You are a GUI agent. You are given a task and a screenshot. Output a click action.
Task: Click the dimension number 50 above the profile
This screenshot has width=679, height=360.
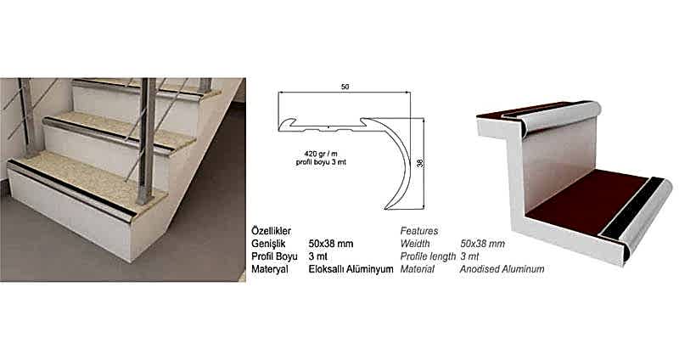(x=345, y=87)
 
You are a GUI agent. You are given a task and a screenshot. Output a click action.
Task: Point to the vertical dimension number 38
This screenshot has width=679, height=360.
(x=419, y=163)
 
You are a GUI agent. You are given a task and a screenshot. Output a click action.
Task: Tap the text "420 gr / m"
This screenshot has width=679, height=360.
(x=321, y=154)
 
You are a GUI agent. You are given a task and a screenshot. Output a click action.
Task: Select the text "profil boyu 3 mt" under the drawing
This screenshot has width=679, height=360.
(x=321, y=162)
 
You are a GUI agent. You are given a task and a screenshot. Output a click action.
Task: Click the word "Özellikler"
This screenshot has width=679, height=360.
(x=271, y=231)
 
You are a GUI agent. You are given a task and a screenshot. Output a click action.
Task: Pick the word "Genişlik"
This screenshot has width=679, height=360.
(x=268, y=244)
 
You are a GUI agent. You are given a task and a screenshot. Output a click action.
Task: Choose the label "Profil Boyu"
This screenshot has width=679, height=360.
(x=274, y=256)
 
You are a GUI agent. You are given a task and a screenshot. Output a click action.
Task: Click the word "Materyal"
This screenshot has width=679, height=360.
(x=270, y=269)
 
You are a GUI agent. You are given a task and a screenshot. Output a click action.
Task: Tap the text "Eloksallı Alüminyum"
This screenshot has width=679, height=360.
(x=351, y=269)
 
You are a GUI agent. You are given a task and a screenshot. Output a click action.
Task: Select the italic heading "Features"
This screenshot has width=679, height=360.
(x=419, y=231)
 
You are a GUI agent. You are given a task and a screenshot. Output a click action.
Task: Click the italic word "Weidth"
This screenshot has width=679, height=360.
(x=415, y=244)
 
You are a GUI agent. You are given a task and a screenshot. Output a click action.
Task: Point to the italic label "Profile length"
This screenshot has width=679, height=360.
(x=428, y=256)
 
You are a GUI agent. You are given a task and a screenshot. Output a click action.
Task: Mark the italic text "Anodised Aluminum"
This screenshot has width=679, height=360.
(x=502, y=269)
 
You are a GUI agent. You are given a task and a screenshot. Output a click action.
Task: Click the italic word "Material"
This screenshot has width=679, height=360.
(x=417, y=269)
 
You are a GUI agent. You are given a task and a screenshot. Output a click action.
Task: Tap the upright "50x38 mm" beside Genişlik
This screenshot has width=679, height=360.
(x=331, y=244)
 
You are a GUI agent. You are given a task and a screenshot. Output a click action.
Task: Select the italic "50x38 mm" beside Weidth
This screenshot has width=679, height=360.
(x=482, y=244)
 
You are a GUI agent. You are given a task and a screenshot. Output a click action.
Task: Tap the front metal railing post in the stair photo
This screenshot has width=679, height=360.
(x=146, y=141)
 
